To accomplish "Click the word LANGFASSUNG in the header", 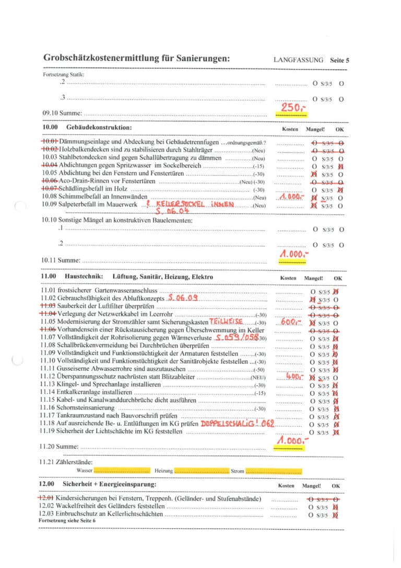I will pyautogui.click(x=298, y=60).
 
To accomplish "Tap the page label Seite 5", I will pyautogui.click(x=339, y=60).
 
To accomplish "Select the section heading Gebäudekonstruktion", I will pyautogui.click(x=99, y=128).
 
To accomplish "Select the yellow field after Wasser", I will pyautogui.click(x=122, y=471).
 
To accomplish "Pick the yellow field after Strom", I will pyautogui.click(x=273, y=471).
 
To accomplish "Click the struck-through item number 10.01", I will pyautogui.click(x=50, y=142).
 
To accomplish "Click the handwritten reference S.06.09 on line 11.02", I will pyautogui.click(x=183, y=298).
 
